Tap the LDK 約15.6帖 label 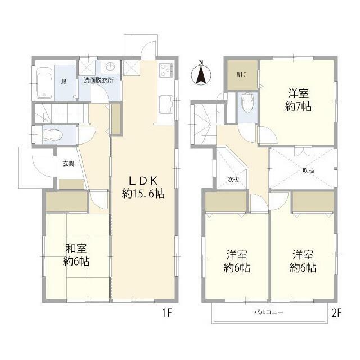pyautogui.click(x=143, y=187)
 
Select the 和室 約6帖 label pyautogui.click(x=76, y=255)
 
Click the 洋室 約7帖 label pyautogui.click(x=299, y=100)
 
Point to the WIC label pyautogui.click(x=241, y=75)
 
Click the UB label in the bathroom pyautogui.click(x=64, y=81)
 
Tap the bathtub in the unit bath pyautogui.click(x=44, y=83)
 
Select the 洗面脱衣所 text pyautogui.click(x=98, y=80)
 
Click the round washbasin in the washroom pyautogui.click(x=111, y=67)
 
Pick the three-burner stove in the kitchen pyautogui.click(x=166, y=70)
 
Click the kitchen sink pyautogui.click(x=166, y=103)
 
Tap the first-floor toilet pyautogui.click(x=52, y=135)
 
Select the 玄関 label pyautogui.click(x=69, y=164)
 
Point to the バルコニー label pyautogui.click(x=268, y=312)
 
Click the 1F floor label pyautogui.click(x=167, y=313)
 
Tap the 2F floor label pyautogui.click(x=337, y=313)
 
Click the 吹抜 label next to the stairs pyautogui.click(x=233, y=179)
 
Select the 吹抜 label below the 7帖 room pyautogui.click(x=309, y=170)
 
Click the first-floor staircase pyautogui.click(x=61, y=112)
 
